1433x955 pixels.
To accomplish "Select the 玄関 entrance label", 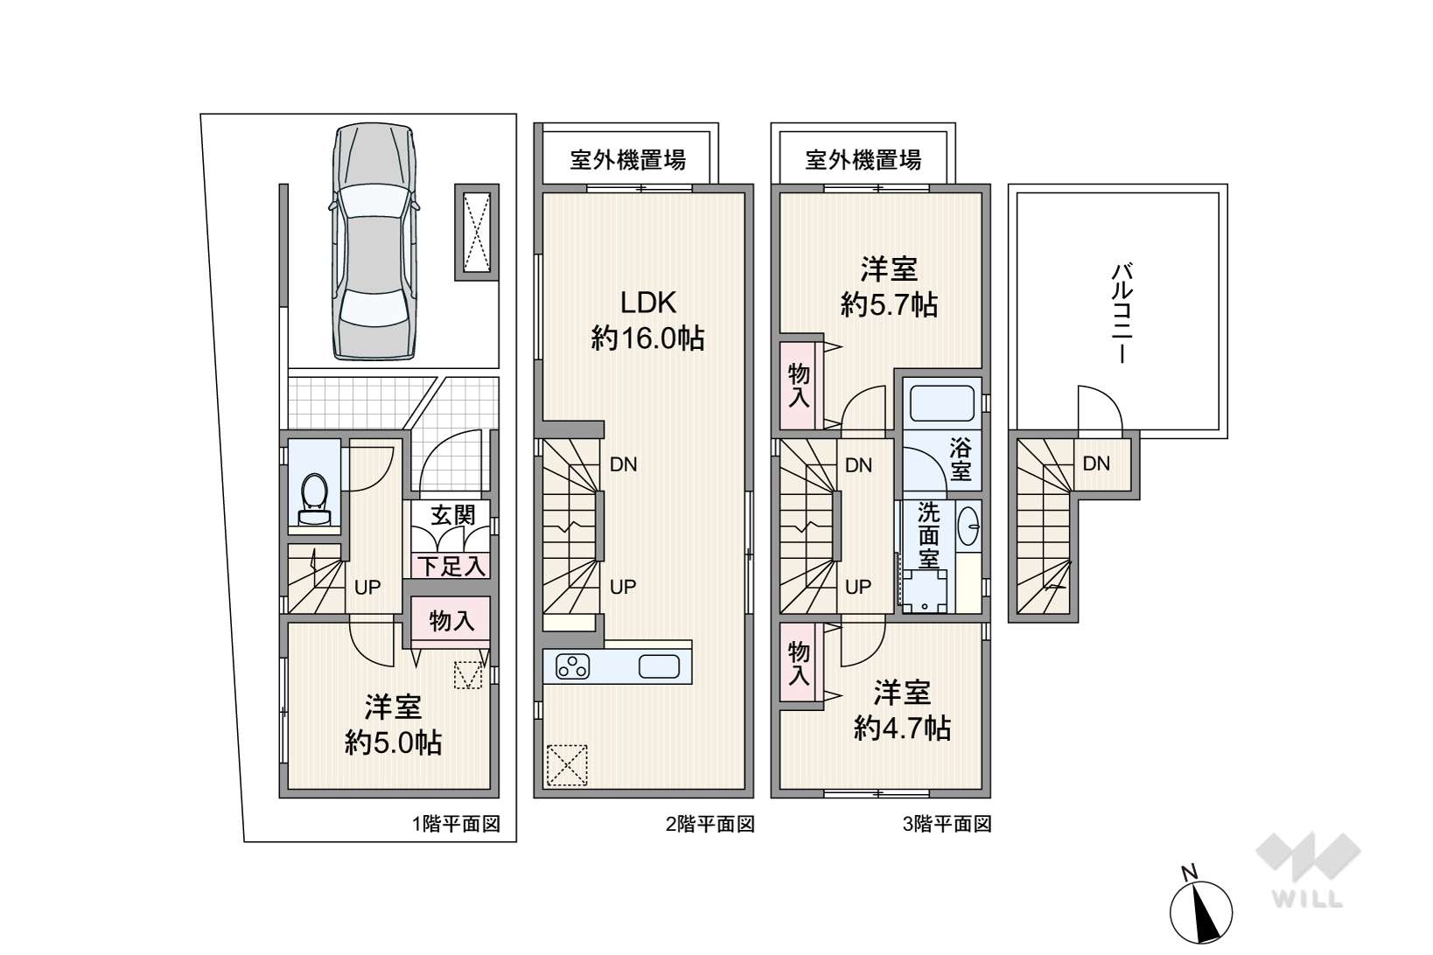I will [452, 514].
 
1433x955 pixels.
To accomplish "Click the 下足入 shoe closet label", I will [451, 566].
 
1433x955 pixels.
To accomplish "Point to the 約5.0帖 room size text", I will [393, 743].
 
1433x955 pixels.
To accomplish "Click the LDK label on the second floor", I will [648, 303].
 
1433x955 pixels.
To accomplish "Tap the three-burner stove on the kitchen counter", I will [574, 667].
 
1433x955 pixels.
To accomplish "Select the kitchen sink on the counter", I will [659, 667].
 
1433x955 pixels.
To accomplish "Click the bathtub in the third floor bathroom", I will [943, 403].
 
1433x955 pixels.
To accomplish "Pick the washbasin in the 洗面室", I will [968, 527].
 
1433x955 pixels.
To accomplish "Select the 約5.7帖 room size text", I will [889, 305].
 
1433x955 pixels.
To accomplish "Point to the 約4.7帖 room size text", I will [901, 728].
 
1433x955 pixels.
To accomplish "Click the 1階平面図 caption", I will [456, 824].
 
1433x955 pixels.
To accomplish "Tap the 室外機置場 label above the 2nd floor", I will [627, 160].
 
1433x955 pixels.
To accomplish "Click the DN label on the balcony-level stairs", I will [1096, 464].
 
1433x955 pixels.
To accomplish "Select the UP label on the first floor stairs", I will [367, 587].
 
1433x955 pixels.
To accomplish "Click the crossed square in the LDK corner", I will [566, 765].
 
